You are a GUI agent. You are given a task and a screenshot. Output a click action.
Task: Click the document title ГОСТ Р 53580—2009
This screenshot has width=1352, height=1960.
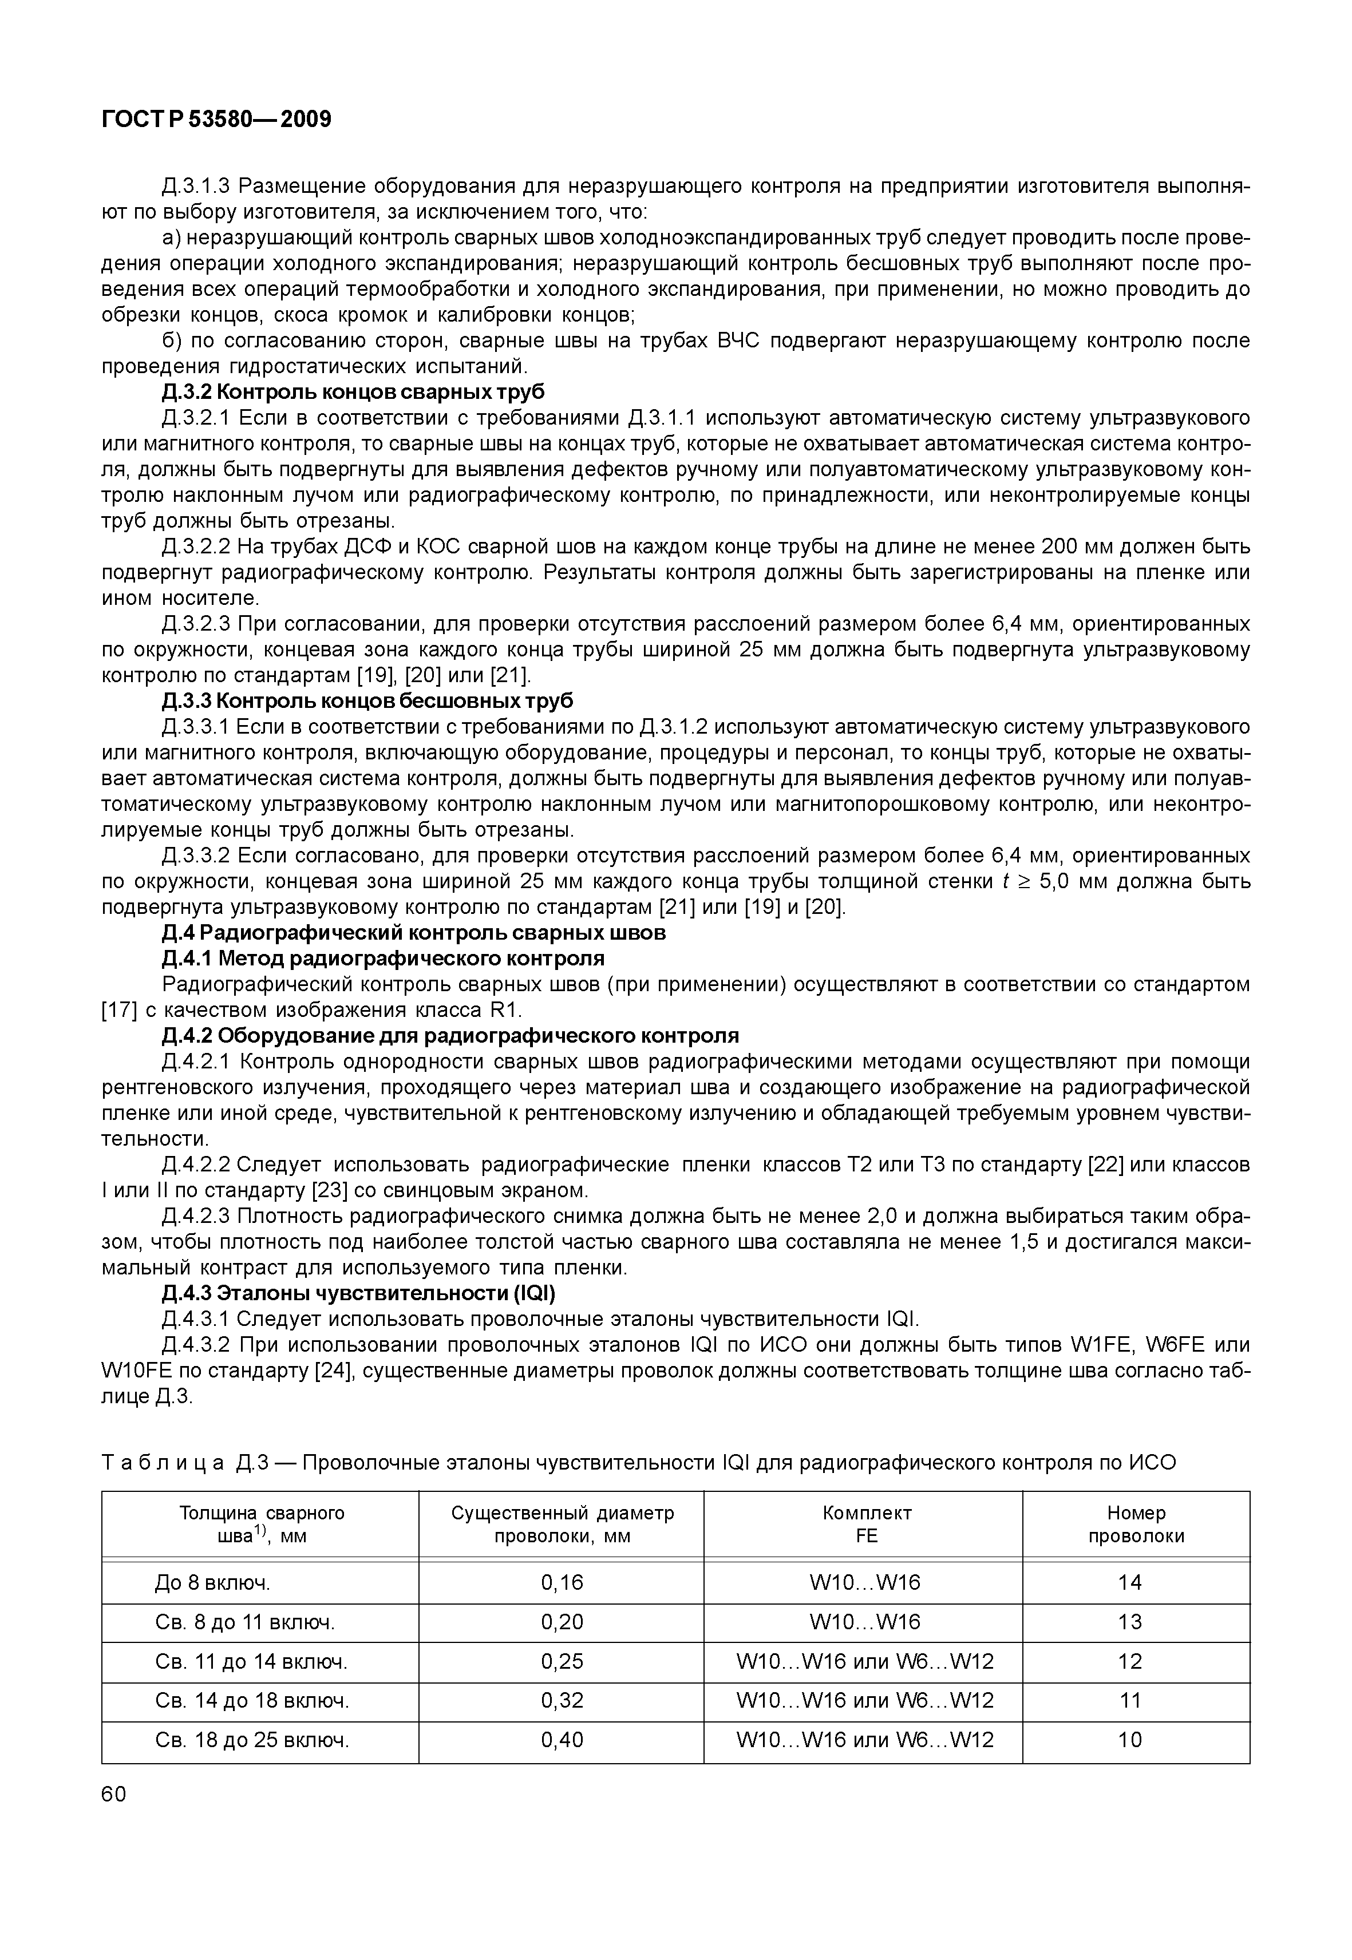216,120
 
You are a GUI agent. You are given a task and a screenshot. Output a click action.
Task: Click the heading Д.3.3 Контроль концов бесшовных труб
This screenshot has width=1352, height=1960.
367,702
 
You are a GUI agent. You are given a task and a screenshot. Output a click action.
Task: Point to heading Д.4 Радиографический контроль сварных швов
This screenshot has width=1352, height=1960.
413,933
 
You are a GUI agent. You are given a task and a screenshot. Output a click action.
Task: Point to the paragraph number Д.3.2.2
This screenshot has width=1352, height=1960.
196,547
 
